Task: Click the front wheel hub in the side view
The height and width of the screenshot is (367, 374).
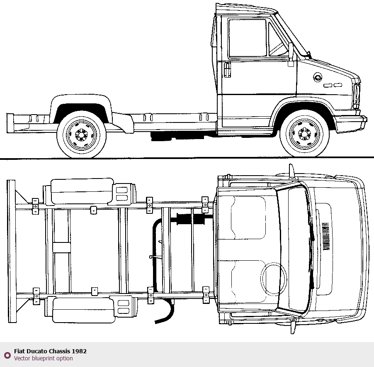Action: coord(305,133)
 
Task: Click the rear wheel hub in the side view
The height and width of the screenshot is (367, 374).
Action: coord(81,134)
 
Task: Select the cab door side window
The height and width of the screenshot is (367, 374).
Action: coord(247,38)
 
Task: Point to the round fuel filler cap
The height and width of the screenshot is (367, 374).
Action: coord(318,77)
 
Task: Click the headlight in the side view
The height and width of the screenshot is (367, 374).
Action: coord(356,96)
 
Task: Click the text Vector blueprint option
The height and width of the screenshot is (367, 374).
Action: coord(43,358)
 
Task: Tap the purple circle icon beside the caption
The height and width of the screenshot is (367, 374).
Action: coord(7,355)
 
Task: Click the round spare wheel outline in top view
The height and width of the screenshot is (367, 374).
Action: coord(274,279)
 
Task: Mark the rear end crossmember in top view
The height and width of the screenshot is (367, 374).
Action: coord(12,251)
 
